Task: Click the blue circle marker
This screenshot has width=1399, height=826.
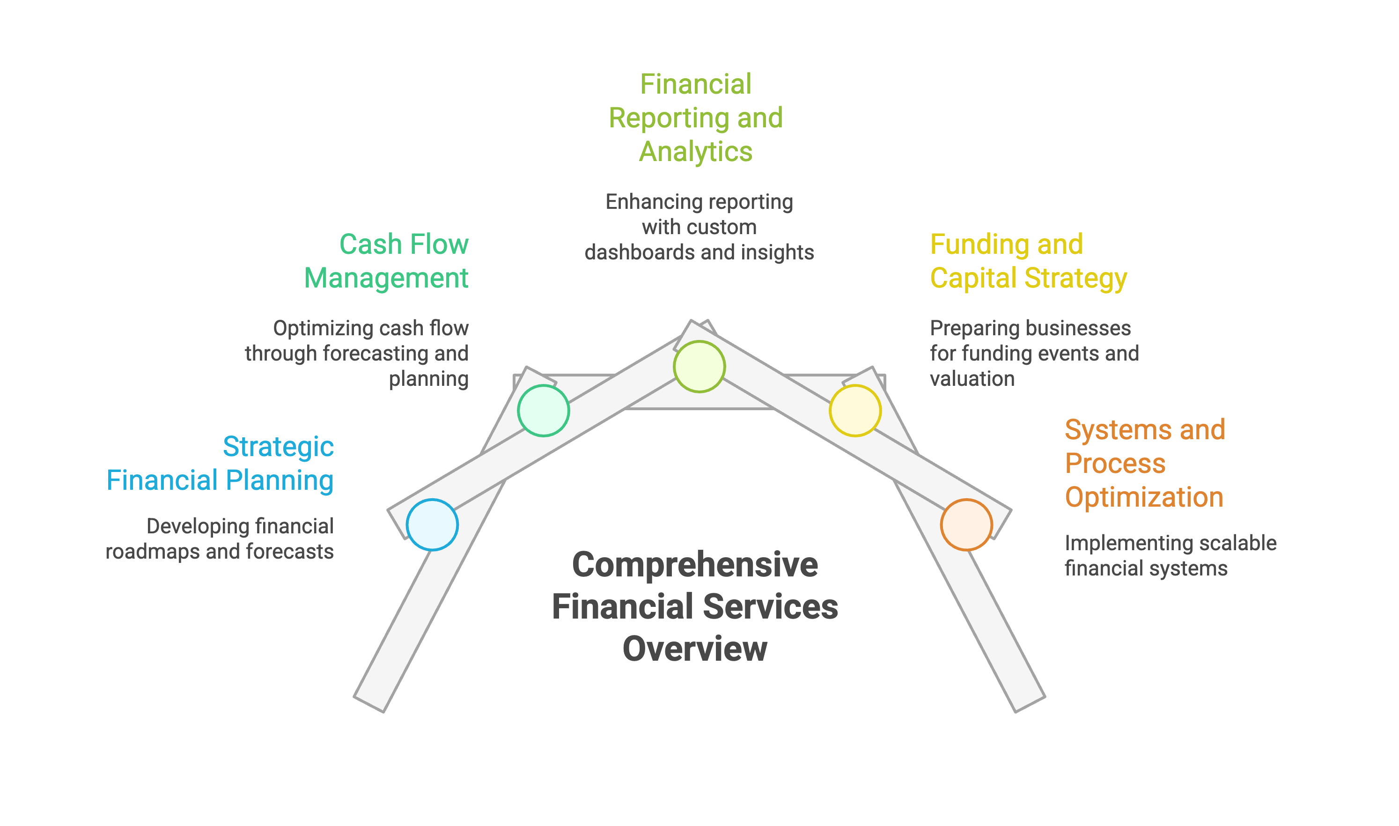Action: pos(432,525)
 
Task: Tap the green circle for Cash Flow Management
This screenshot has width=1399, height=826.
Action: pos(543,410)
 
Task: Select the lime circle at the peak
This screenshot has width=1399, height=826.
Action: pos(699,366)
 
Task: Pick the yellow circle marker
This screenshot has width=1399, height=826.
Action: pos(855,410)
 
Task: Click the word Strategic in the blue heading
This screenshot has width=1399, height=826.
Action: pos(278,446)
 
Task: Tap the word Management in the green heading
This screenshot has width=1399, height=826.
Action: pos(386,278)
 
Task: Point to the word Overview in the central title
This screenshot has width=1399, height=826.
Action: pos(694,649)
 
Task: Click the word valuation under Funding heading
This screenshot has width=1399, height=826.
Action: pos(972,379)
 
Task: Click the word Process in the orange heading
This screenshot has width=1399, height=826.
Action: pos(1115,464)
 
